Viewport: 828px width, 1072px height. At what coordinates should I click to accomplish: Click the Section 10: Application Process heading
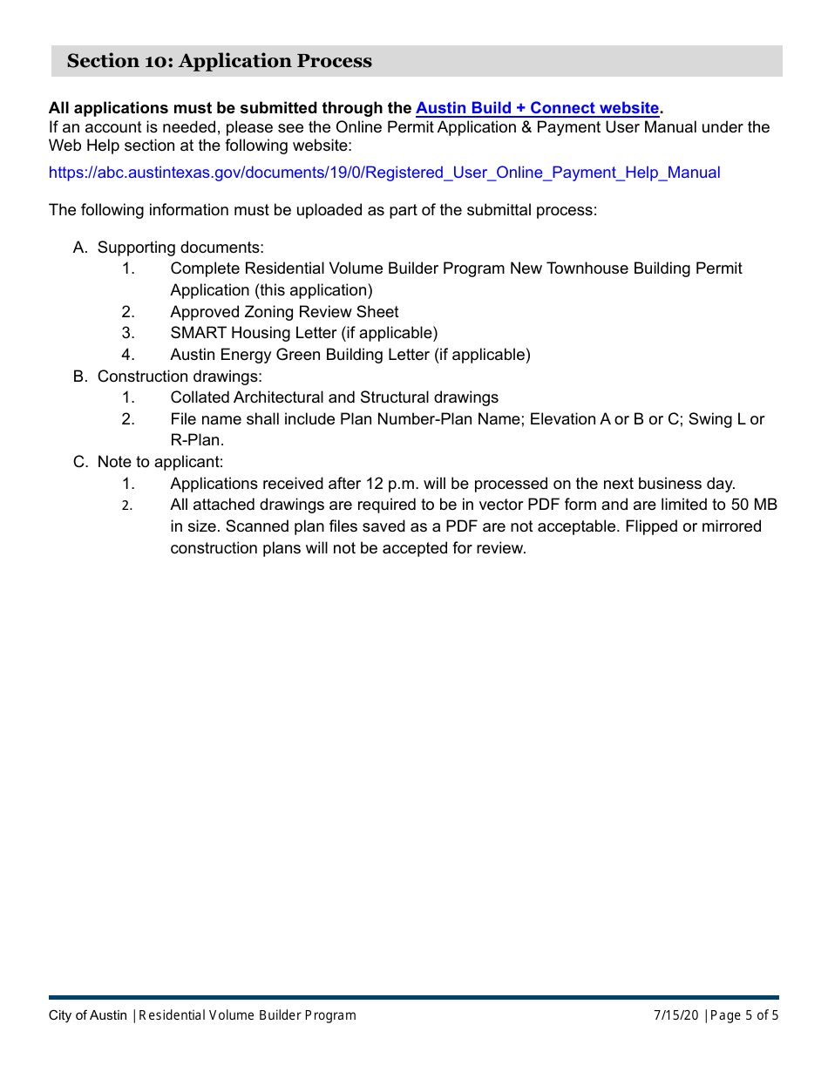(x=219, y=61)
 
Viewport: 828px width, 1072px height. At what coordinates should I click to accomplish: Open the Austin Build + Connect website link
(x=537, y=108)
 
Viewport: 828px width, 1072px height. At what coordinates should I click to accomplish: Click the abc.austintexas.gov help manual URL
(x=383, y=173)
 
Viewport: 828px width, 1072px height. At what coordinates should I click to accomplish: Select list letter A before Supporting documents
(x=80, y=248)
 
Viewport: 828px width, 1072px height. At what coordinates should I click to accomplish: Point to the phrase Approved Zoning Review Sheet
(x=284, y=312)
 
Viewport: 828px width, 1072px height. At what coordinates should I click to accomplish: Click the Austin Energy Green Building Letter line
(x=350, y=355)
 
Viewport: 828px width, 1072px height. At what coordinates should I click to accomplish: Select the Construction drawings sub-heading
(x=179, y=377)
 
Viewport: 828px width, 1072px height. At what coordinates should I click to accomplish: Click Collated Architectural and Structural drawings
(x=334, y=397)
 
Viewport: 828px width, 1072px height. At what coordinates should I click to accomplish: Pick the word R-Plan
(x=197, y=440)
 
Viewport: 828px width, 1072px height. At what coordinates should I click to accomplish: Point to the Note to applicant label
(x=159, y=462)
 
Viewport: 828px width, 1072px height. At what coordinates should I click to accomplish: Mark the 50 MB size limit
(x=754, y=505)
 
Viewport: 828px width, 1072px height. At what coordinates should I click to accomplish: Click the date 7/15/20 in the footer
(x=676, y=1015)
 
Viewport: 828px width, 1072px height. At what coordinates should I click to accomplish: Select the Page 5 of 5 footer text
(x=744, y=1015)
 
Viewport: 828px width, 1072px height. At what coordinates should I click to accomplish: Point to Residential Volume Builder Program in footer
(x=248, y=1015)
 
